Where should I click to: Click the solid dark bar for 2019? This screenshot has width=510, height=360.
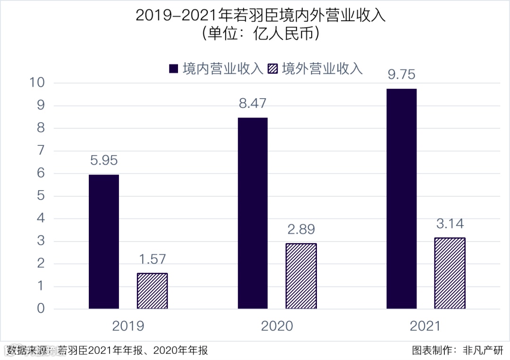click(104, 242)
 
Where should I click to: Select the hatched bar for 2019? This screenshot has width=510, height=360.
click(152, 291)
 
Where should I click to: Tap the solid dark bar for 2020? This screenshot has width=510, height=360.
click(253, 213)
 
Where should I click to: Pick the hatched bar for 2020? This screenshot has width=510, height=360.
click(301, 276)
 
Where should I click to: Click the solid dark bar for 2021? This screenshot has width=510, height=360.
click(401, 199)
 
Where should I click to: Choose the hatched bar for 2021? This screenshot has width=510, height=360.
click(450, 273)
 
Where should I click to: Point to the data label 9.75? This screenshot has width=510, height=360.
click(401, 75)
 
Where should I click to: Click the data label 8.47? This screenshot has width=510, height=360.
click(253, 103)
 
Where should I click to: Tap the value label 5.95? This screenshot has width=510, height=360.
click(104, 160)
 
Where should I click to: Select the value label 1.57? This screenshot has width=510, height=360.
click(152, 259)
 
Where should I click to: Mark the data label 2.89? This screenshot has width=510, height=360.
click(301, 229)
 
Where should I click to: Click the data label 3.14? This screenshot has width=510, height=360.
click(450, 224)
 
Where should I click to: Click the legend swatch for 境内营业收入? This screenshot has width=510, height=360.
click(174, 69)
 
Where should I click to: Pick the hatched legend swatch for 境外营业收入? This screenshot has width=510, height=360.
click(272, 69)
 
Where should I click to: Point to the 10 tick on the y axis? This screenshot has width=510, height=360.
click(38, 83)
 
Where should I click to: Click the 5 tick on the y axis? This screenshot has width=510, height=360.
click(41, 196)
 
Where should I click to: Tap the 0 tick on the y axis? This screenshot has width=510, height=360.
click(41, 309)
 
